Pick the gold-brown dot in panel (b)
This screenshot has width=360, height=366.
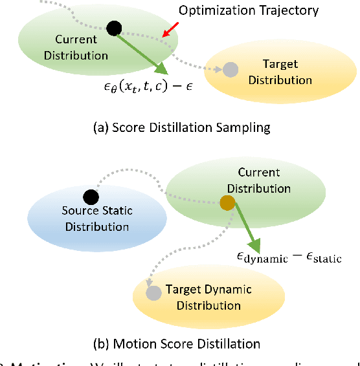227,204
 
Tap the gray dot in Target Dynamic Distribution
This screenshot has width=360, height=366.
153,293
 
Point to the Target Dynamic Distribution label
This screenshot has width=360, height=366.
208,297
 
